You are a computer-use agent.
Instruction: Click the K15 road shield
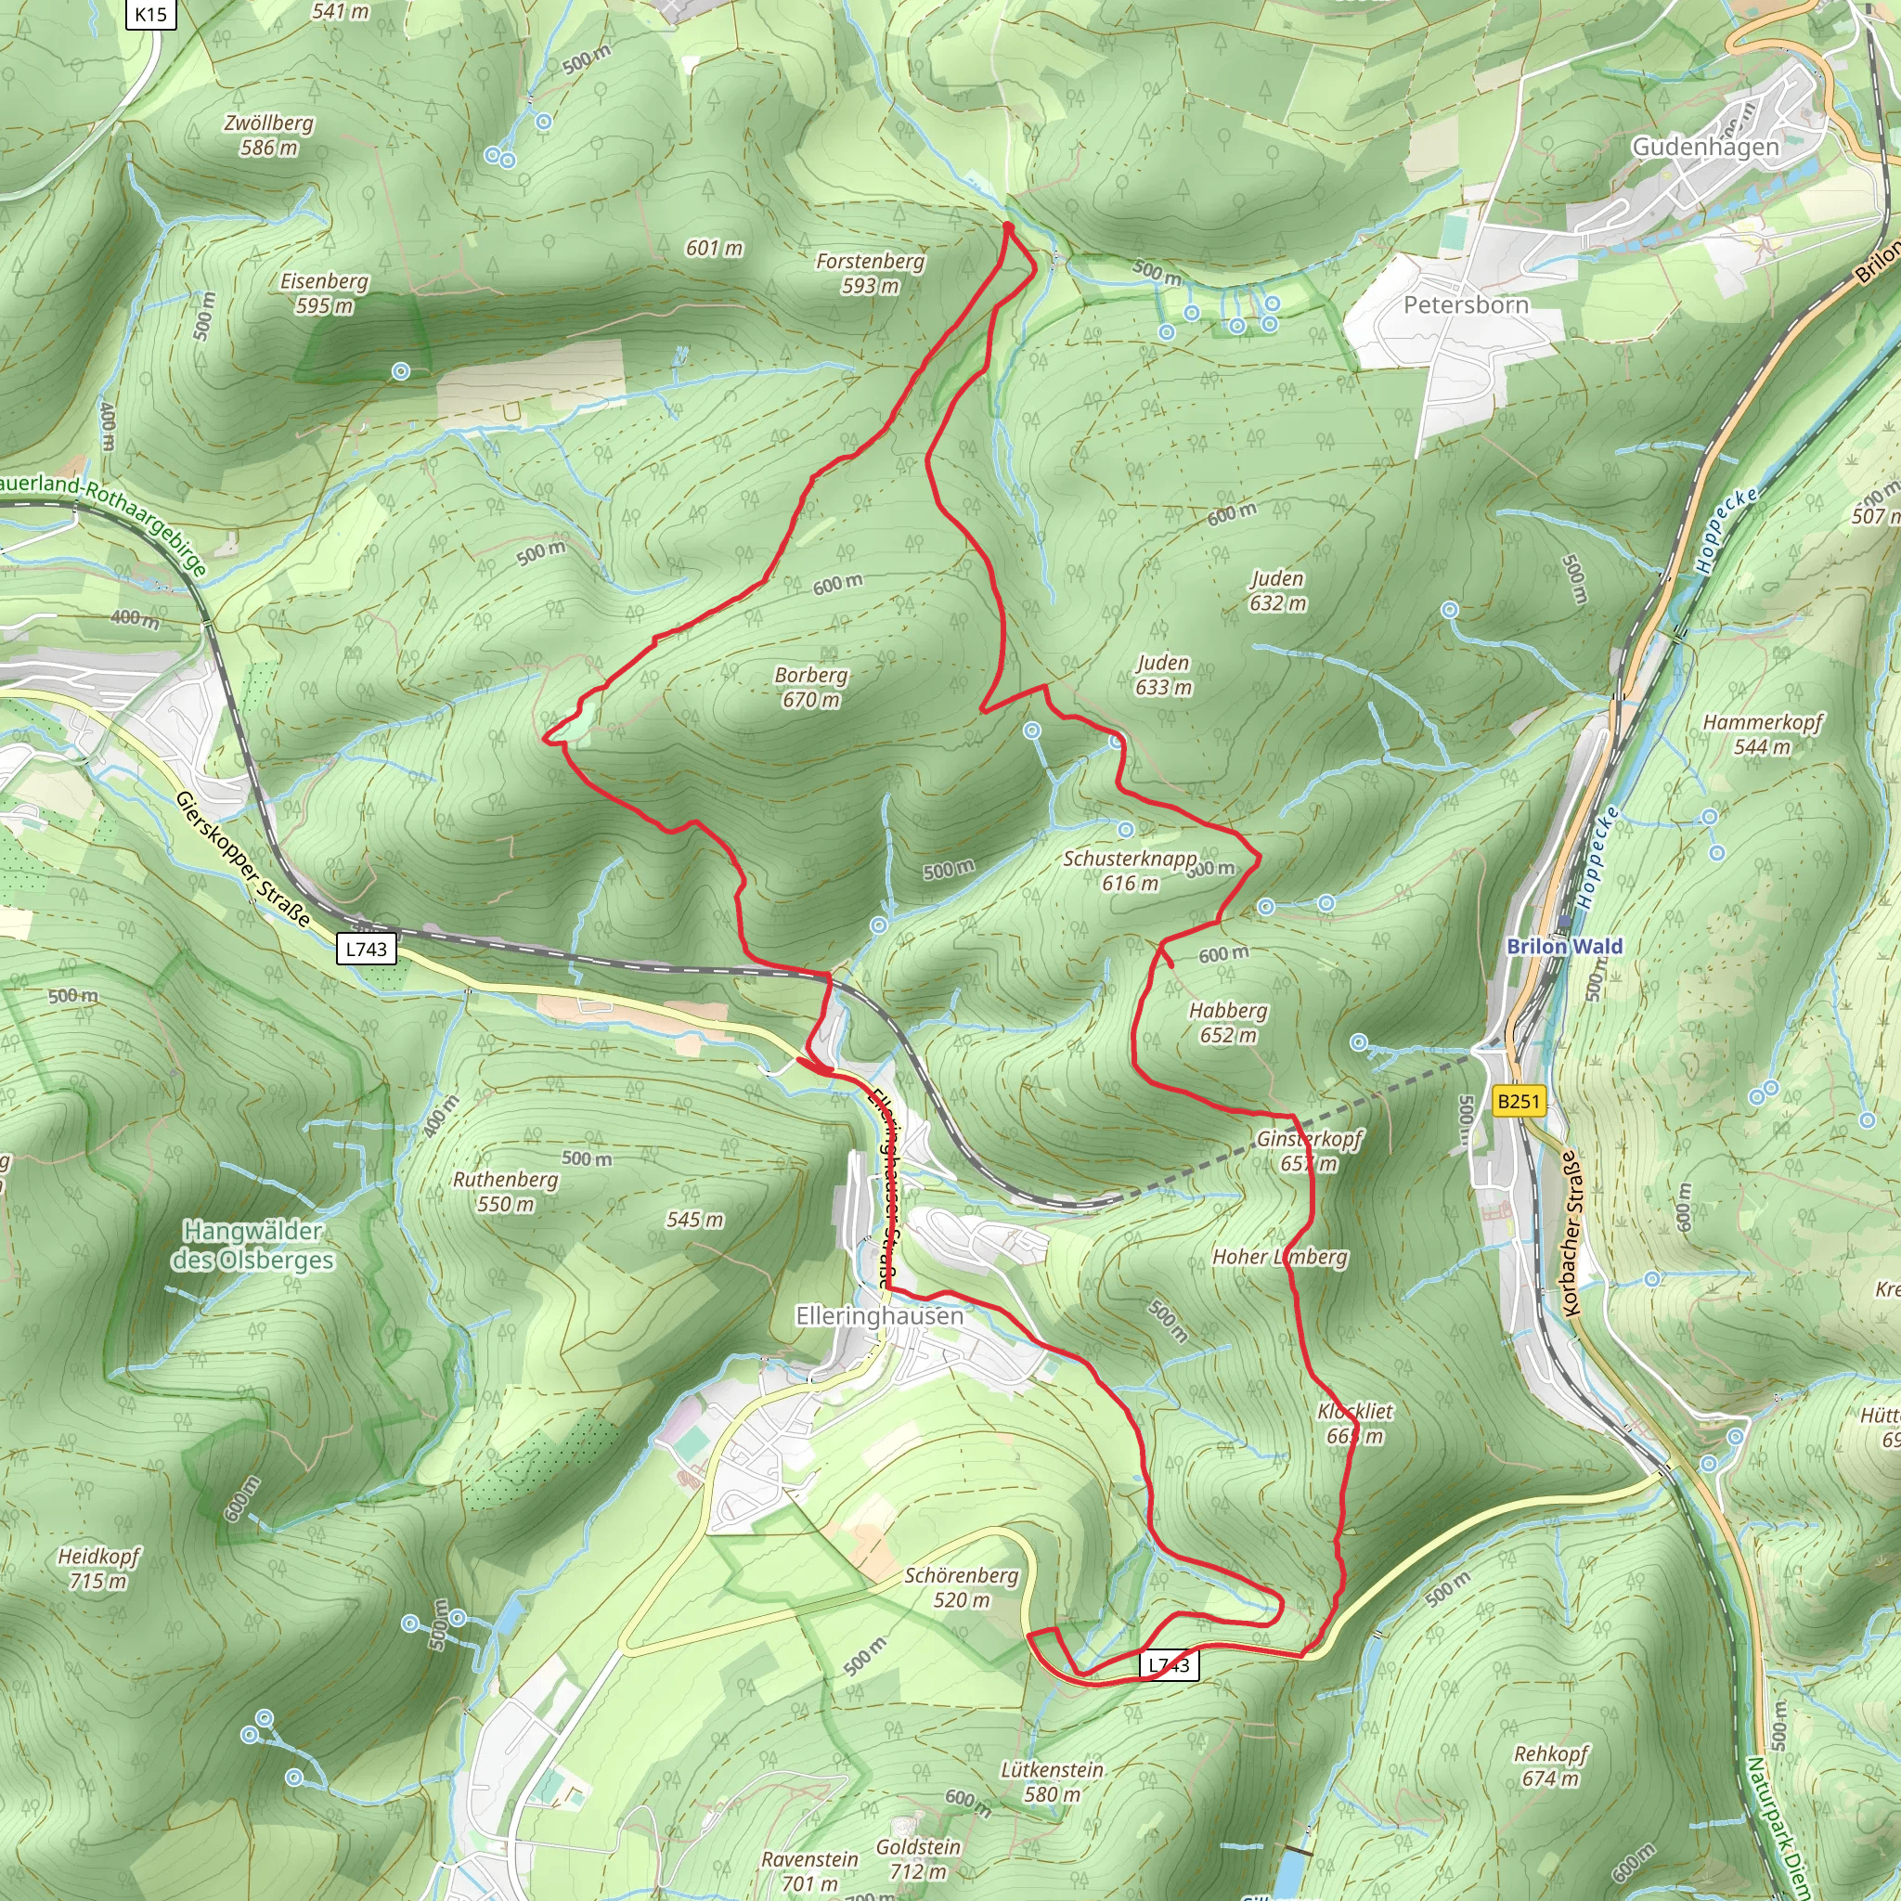(x=150, y=14)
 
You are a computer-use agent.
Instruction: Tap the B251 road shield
(x=1517, y=1100)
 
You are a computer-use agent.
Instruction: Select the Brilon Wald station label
(x=1564, y=946)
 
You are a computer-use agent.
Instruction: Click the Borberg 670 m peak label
(x=810, y=687)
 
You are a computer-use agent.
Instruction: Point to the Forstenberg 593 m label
(x=870, y=273)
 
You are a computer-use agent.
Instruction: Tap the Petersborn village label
(x=1465, y=304)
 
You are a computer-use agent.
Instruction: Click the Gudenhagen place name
(x=1705, y=147)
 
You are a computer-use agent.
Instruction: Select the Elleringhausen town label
(x=879, y=1315)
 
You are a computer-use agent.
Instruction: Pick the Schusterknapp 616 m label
(x=1130, y=870)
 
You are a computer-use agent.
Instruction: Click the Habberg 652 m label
(x=1228, y=1022)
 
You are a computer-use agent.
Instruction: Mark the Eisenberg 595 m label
(x=324, y=292)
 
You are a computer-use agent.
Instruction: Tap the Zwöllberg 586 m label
(x=268, y=135)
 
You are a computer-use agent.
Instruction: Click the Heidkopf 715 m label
(x=98, y=1569)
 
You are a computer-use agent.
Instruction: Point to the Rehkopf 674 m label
(x=1550, y=1765)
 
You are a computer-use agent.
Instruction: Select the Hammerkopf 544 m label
(x=1763, y=734)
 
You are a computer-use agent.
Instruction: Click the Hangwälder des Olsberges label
(x=252, y=1245)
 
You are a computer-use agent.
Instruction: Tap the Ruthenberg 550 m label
(x=505, y=1191)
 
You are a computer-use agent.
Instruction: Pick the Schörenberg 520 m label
(x=962, y=1587)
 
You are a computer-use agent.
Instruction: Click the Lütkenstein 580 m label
(x=1052, y=1781)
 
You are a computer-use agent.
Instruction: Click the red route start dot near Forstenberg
(x=1007, y=227)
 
